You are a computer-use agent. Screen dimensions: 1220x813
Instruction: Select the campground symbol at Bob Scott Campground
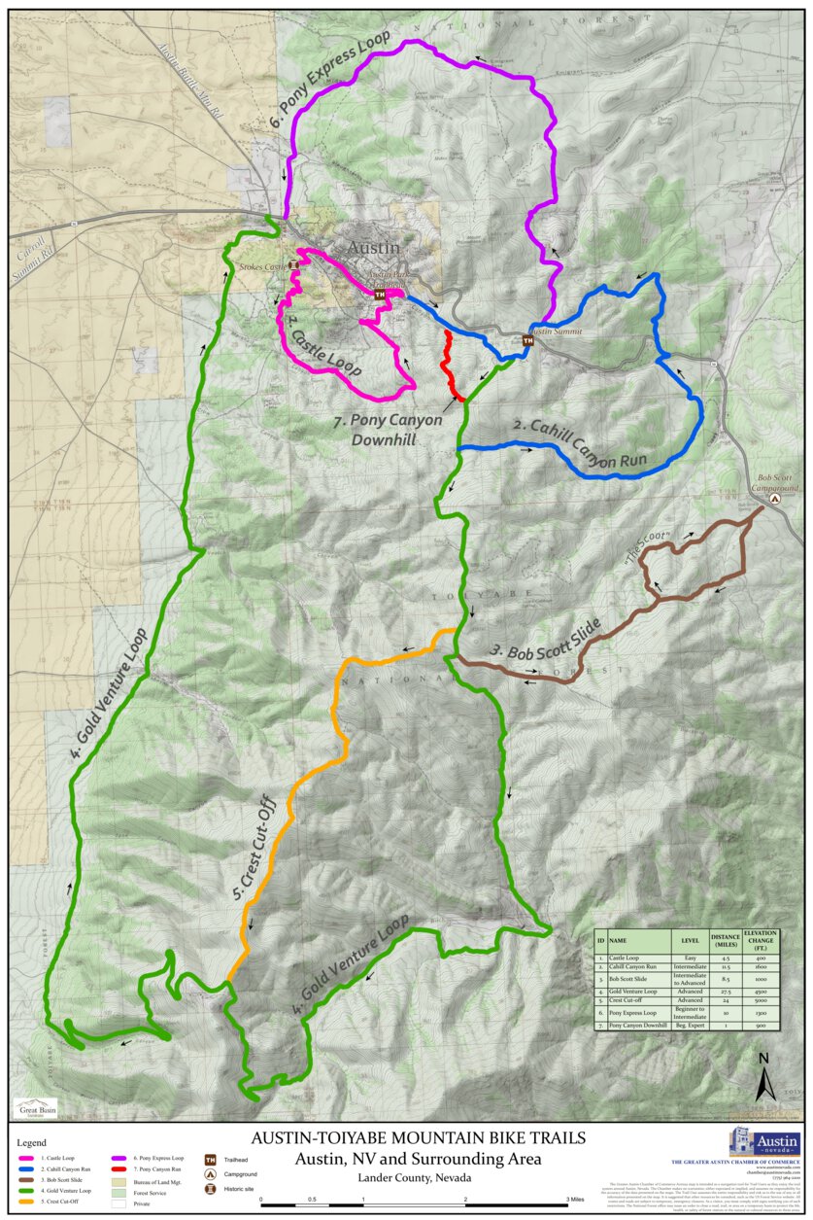pos(774,498)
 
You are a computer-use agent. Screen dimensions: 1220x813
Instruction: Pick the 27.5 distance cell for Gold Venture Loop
pos(725,990)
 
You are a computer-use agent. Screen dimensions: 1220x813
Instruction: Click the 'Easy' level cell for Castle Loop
pos(690,958)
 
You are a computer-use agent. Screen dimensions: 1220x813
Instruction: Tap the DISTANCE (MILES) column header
pos(725,940)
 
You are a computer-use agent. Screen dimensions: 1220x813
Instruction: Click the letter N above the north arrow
pos(764,1059)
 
